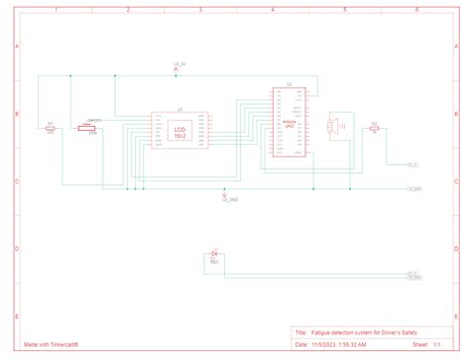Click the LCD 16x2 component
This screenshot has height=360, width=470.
(179, 132)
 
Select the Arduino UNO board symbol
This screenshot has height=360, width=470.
(290, 123)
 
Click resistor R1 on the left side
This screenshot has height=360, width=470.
(51, 129)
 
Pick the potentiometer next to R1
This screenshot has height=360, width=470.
(92, 129)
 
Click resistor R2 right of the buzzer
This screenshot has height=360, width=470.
(374, 129)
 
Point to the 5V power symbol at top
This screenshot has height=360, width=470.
(176, 68)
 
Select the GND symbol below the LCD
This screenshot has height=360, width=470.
(224, 192)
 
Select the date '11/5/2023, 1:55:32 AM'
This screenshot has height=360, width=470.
(339, 345)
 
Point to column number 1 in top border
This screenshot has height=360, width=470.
(57, 9)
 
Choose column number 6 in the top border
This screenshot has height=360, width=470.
(416, 9)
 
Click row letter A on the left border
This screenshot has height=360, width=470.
(16, 48)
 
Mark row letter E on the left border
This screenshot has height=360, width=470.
(16, 315)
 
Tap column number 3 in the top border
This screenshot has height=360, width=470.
(200, 9)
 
